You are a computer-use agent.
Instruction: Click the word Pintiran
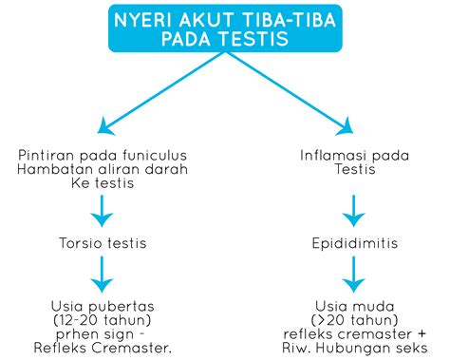tap(47, 156)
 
